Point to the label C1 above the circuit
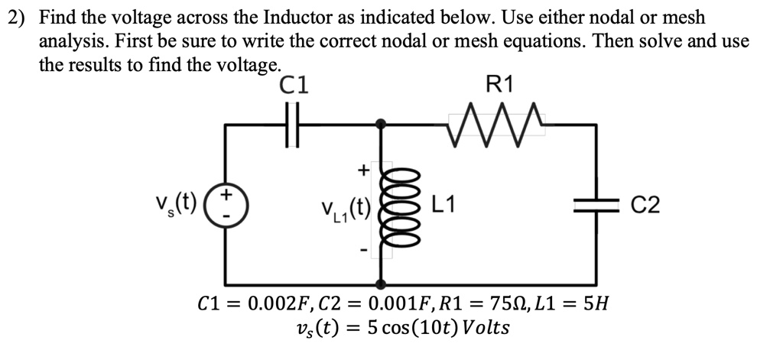(x=294, y=85)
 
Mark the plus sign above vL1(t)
(x=364, y=167)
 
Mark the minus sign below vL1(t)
(x=364, y=249)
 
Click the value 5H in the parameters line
(x=595, y=304)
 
